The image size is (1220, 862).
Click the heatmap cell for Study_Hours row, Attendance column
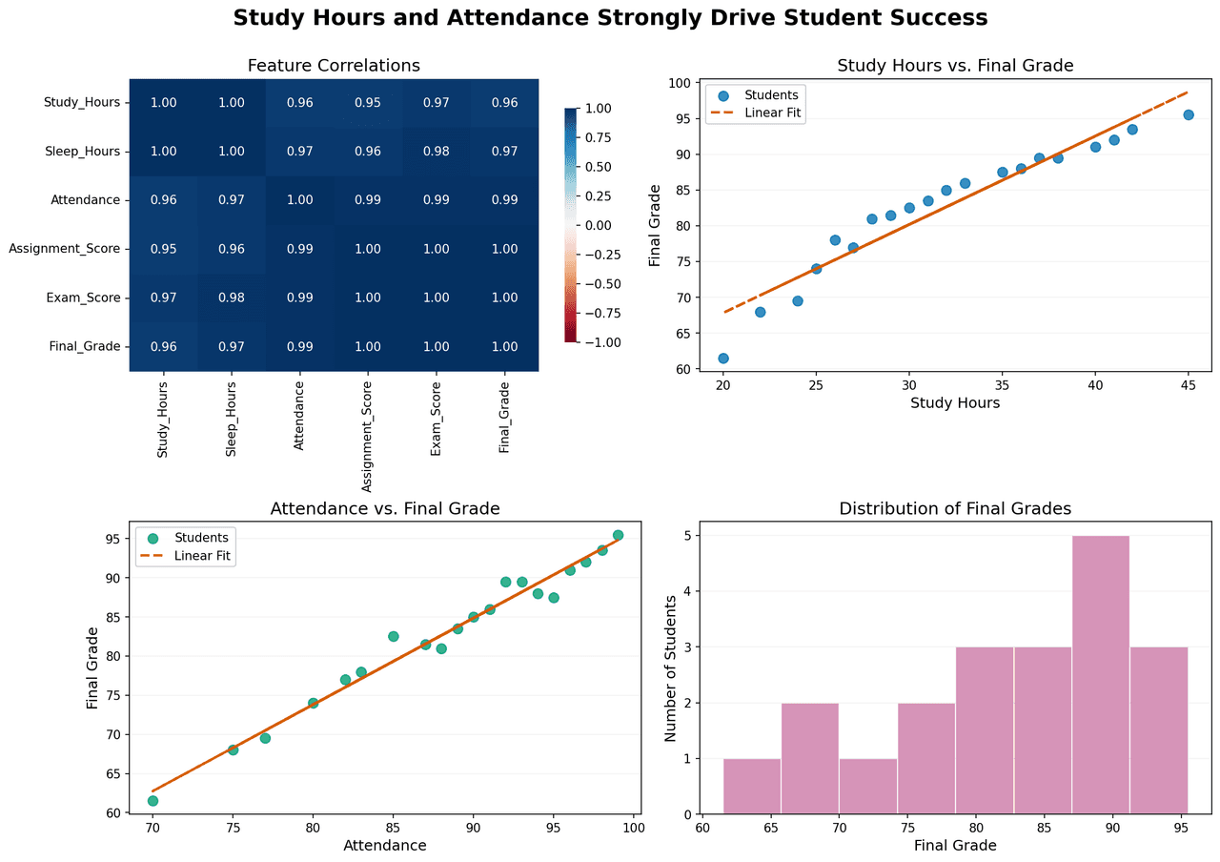(x=299, y=102)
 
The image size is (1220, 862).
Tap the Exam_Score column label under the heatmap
(x=436, y=421)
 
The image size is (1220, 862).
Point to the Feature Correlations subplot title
(x=334, y=66)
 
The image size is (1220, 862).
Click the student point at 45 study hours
(x=1188, y=114)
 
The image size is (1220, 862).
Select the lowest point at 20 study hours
(x=723, y=359)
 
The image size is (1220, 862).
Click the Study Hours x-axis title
(x=955, y=403)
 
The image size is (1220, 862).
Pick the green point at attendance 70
(x=152, y=800)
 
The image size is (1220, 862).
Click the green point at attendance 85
(x=393, y=636)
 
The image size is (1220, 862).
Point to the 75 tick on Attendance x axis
(x=233, y=828)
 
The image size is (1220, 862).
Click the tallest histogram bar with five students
(x=1101, y=675)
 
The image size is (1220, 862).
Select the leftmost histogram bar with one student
(x=752, y=787)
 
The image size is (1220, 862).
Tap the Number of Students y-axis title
(x=671, y=668)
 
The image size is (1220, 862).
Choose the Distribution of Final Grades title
(x=955, y=509)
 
